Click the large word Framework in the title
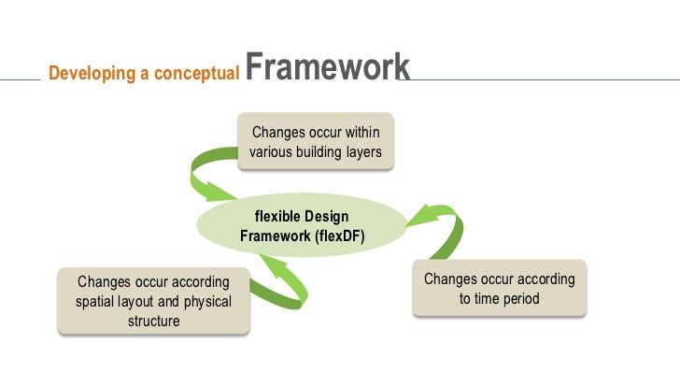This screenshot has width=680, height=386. (330, 67)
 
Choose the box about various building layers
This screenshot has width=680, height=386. (316, 141)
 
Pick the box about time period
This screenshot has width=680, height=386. (499, 290)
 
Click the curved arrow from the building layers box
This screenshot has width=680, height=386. (210, 174)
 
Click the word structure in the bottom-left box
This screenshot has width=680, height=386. (153, 322)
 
